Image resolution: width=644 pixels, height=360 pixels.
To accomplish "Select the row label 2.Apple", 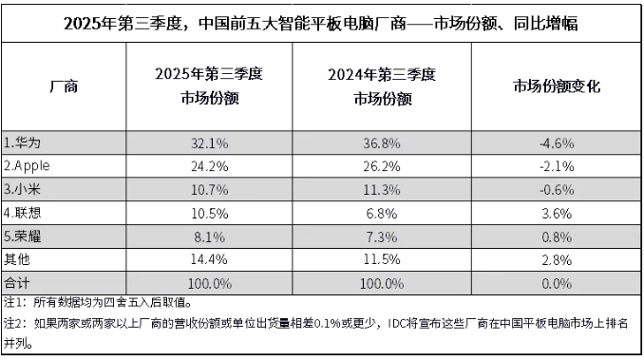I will coord(32,165).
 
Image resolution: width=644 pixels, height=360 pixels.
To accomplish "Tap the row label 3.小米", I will coord(23,188).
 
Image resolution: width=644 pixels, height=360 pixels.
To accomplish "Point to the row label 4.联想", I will coord(23,212).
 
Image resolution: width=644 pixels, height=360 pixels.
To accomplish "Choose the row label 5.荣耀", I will coord(23,236).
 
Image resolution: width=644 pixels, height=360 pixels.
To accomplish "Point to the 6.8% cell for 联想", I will coord(384,212).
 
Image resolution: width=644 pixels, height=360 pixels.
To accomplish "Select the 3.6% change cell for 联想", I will coord(557,212).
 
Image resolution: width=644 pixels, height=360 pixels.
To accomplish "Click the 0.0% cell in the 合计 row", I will coord(557,282).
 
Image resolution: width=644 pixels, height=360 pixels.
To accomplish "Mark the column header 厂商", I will coord(64,87).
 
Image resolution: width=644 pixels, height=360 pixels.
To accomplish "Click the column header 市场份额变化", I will coord(557,87).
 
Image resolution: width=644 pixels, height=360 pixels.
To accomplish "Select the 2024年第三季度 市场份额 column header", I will coord(384,87).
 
